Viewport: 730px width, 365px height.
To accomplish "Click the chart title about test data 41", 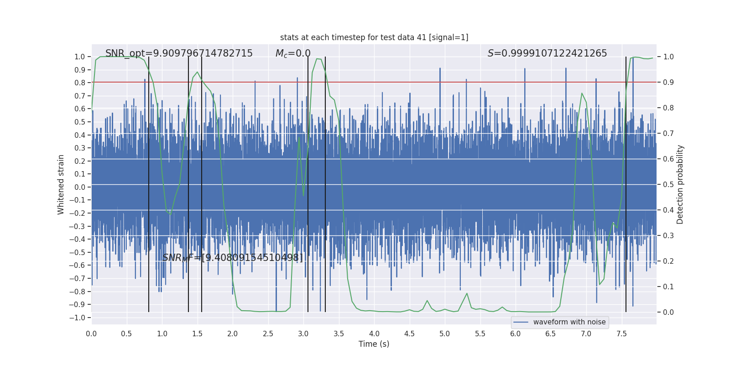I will [x=374, y=37].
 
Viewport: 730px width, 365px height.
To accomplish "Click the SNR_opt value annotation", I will [x=179, y=53].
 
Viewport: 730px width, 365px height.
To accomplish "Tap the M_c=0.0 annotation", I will [x=293, y=53].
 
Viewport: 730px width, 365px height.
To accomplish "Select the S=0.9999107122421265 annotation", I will [x=547, y=53].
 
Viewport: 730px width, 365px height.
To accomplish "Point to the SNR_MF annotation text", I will [x=232, y=258].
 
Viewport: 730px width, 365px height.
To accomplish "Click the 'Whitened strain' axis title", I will [x=61, y=184].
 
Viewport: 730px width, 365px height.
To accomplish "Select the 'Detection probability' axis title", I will [x=680, y=184].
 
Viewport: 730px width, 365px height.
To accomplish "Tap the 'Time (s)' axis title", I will [x=374, y=344].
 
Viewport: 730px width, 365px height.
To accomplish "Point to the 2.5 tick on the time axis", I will [x=268, y=334].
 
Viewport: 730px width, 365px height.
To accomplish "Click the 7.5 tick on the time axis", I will [x=621, y=334].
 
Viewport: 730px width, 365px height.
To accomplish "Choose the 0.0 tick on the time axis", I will [x=91, y=334].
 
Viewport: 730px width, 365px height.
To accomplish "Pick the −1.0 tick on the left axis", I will [x=80, y=318].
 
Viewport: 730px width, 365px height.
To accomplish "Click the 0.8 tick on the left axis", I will [x=80, y=83].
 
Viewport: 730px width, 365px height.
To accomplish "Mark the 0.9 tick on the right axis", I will [x=668, y=83].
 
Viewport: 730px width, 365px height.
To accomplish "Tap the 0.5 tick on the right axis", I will [x=668, y=185].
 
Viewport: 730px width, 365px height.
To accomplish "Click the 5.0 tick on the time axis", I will [x=445, y=334].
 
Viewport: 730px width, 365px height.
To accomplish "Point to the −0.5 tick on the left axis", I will [x=80, y=252].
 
